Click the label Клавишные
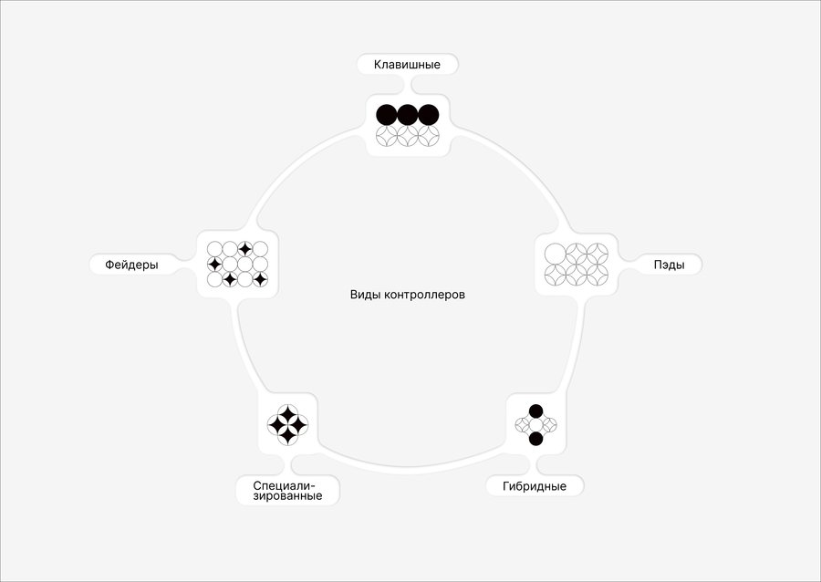click(x=407, y=65)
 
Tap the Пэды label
click(x=669, y=265)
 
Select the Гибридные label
click(x=534, y=486)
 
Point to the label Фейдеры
click(x=131, y=265)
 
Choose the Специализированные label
click(x=287, y=491)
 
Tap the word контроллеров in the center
click(x=424, y=295)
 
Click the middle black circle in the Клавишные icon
click(x=408, y=115)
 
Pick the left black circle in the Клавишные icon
click(x=387, y=115)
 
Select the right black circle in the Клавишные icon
click(x=429, y=115)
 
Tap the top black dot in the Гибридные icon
click(x=535, y=411)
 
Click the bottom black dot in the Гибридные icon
click(x=535, y=439)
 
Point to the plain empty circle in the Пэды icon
click(x=555, y=254)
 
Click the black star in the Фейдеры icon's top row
click(x=245, y=249)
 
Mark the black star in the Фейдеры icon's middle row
click(x=214, y=265)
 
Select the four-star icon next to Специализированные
click(x=287, y=425)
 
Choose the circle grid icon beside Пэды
click(x=576, y=265)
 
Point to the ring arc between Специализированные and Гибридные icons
click(x=409, y=470)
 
